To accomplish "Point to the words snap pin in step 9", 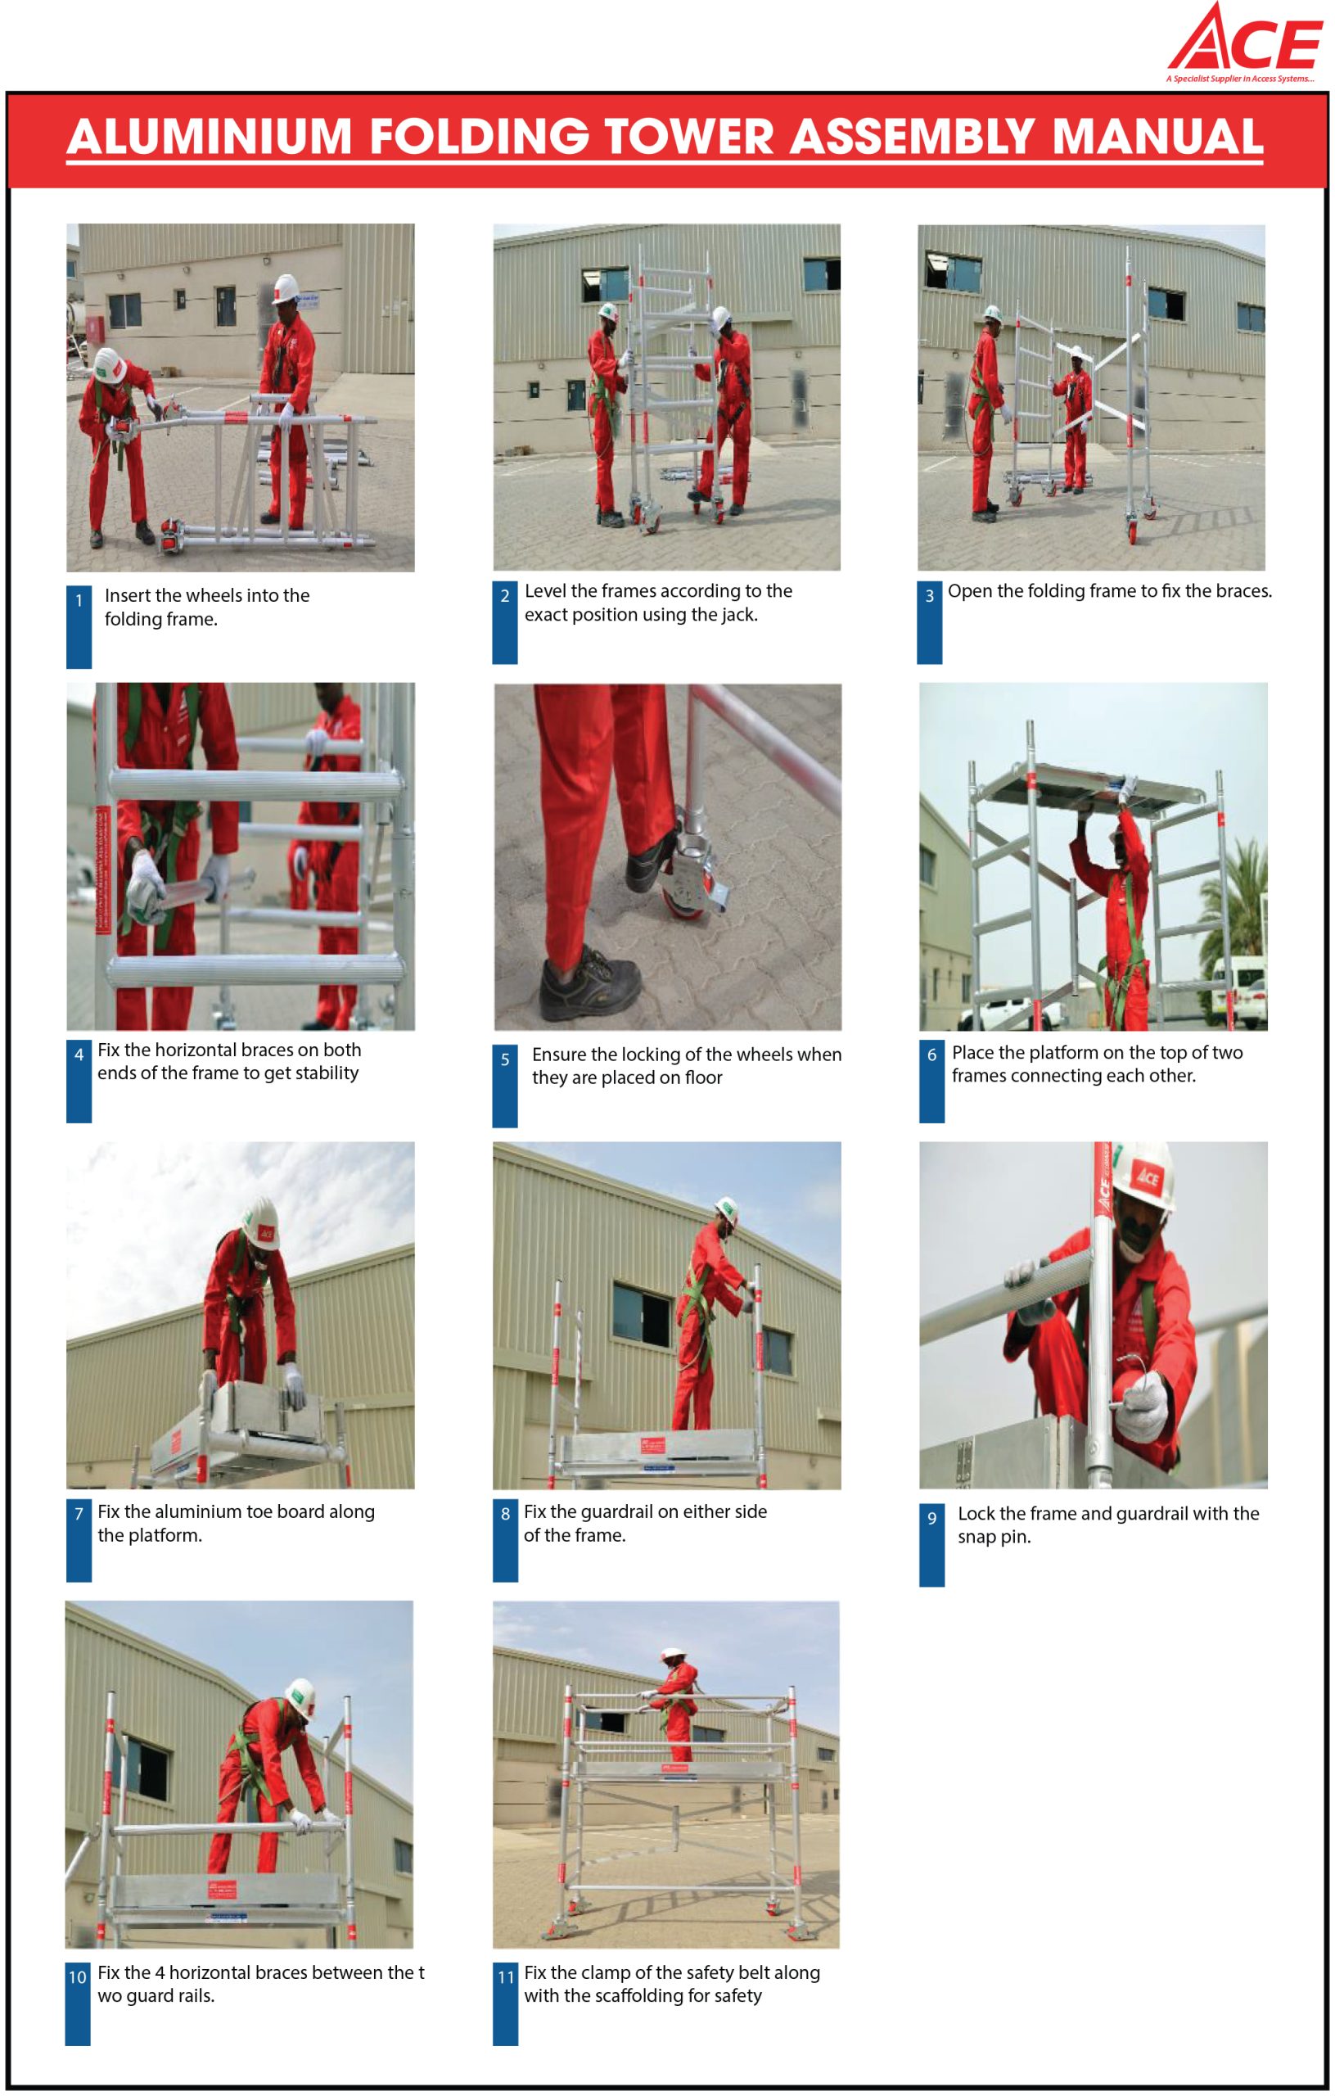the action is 994,1537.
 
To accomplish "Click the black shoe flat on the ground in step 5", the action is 590,983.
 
